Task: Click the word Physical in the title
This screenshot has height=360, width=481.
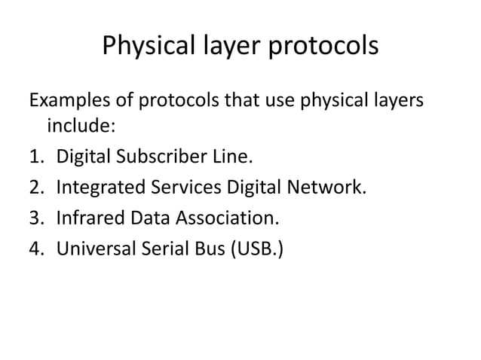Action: (144, 47)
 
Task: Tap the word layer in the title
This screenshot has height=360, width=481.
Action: (224, 47)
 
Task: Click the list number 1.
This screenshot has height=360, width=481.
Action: (35, 158)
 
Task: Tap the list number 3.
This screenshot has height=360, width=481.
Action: (35, 219)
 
